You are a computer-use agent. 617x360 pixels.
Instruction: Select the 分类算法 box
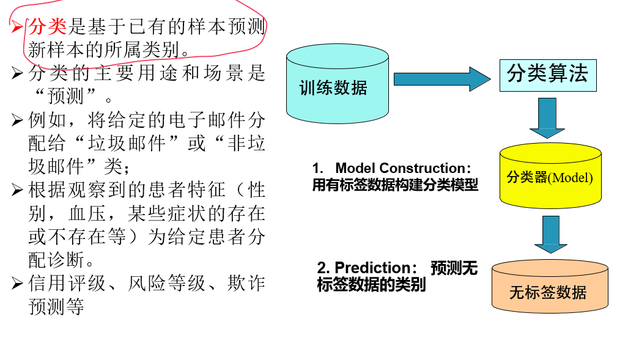547,75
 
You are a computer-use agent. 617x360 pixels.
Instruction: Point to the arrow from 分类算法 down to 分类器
547,117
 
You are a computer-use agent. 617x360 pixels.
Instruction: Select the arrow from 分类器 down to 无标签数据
550,233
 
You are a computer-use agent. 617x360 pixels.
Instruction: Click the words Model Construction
400,168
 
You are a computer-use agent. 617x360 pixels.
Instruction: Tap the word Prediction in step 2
372,268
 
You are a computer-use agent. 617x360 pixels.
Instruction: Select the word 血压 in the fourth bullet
86,213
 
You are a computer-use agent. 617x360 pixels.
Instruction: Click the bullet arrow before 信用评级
17,284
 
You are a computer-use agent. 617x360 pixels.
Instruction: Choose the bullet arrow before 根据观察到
17,190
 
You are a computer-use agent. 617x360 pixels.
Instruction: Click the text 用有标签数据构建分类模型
395,185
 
